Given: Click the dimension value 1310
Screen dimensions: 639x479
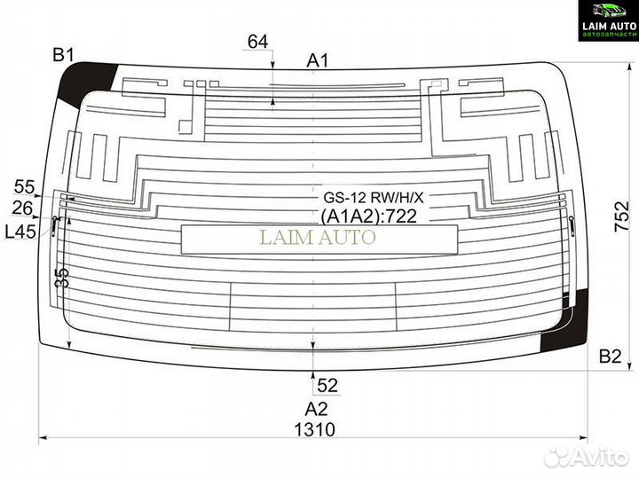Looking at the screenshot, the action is pyautogui.click(x=314, y=429).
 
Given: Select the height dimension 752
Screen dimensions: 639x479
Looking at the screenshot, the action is pyautogui.click(x=622, y=216).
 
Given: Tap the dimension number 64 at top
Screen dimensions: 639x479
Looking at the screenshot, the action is pyautogui.click(x=258, y=42).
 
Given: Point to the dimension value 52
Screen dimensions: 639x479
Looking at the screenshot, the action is pyautogui.click(x=327, y=385).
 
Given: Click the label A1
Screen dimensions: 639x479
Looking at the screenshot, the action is pyautogui.click(x=318, y=61).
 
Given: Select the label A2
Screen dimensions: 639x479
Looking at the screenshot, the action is pyautogui.click(x=316, y=409).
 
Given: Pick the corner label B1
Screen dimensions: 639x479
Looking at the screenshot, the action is pyautogui.click(x=64, y=55).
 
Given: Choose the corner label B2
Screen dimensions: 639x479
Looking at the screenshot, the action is pyautogui.click(x=610, y=357).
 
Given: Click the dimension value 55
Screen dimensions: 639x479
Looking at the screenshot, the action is pyautogui.click(x=25, y=187).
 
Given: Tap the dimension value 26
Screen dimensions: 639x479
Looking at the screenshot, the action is pyautogui.click(x=22, y=208).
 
